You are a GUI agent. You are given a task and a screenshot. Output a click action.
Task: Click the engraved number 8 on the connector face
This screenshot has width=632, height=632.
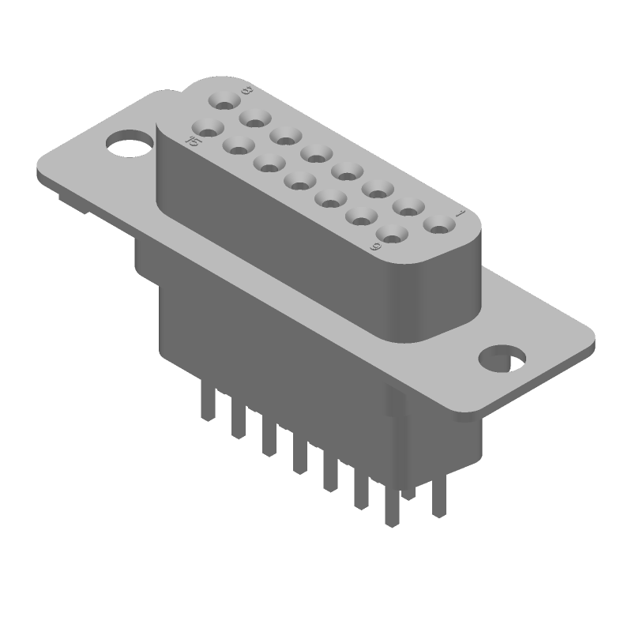pos(246,92)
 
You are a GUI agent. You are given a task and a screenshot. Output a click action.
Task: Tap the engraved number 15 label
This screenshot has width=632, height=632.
pos(191,141)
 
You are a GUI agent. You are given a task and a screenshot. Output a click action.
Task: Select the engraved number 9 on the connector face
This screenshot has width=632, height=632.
pos(377,247)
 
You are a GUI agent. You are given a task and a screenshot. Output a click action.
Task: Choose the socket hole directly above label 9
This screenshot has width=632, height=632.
pos(392,233)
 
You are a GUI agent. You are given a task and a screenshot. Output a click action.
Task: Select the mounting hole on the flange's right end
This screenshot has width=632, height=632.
pos(502,357)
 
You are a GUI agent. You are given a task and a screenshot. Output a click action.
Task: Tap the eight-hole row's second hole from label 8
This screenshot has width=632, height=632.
pos(255,118)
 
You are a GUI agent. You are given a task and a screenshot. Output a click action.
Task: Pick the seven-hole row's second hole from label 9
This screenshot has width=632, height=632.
pos(361,215)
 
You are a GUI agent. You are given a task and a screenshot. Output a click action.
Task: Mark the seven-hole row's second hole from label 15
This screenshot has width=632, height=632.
pos(239,144)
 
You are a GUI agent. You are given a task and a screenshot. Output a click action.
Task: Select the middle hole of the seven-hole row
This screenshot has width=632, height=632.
pos(299,179)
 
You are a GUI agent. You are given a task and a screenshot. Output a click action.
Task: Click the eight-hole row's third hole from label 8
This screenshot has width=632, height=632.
pos(285,136)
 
